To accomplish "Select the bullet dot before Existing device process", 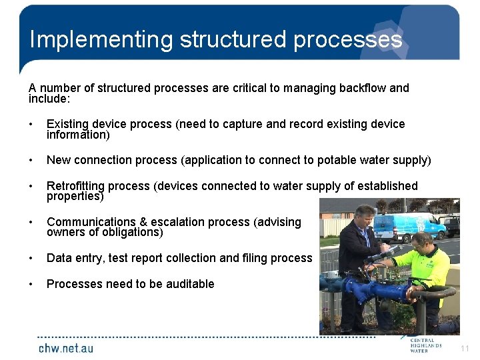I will pos(31,125).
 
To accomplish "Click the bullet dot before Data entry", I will pos(31,258).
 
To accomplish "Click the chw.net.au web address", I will pos(65,348).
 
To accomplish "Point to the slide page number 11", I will pos(465,348).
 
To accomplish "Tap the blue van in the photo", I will pos(407,226).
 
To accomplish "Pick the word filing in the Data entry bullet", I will pos(257,258).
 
